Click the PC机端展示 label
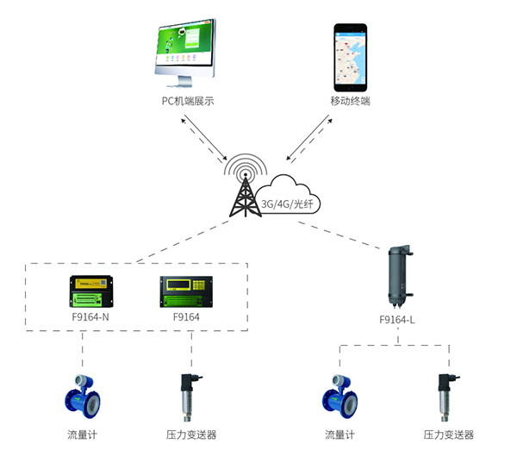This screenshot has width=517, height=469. pyautogui.click(x=187, y=101)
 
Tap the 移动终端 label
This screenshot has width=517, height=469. pyautogui.click(x=350, y=101)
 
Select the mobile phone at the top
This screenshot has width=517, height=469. pyautogui.click(x=350, y=56)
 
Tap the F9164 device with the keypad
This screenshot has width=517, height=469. pyautogui.click(x=186, y=291)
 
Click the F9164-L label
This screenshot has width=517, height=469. pyautogui.click(x=398, y=319)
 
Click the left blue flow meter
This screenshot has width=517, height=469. pyautogui.click(x=84, y=394)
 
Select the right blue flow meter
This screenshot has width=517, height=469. pyautogui.click(x=339, y=394)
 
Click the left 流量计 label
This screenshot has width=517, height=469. pyautogui.click(x=83, y=435)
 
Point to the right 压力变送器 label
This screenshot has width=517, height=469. pyautogui.click(x=448, y=435)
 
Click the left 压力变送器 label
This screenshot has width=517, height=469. pyautogui.click(x=191, y=435)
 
